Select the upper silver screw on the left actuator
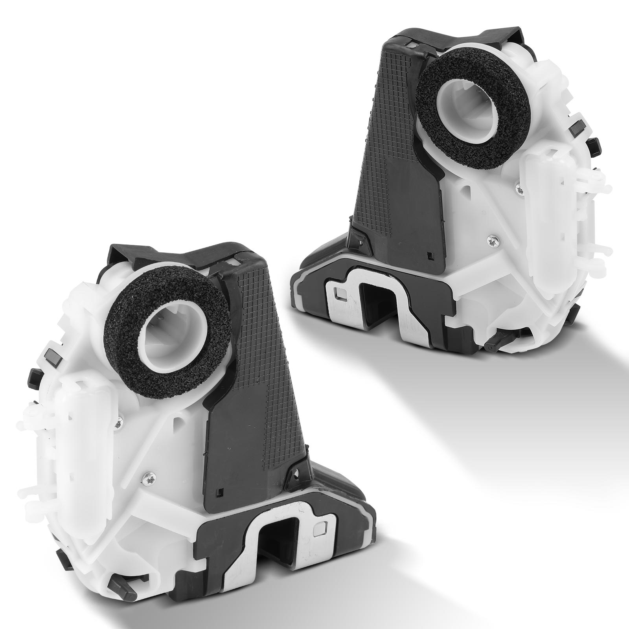tap(120, 422)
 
